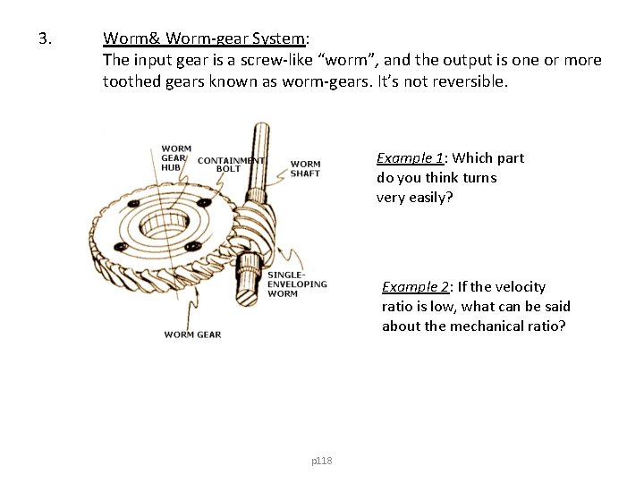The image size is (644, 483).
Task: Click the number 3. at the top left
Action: click(x=47, y=39)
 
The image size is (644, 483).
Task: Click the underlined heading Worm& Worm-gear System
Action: click(x=204, y=39)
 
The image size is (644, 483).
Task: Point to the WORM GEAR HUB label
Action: click(x=176, y=157)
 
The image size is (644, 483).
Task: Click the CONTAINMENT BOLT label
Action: click(x=231, y=165)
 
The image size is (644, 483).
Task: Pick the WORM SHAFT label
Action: click(x=305, y=168)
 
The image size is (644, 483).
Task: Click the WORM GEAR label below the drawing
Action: click(x=192, y=335)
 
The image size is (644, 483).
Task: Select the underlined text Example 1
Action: click(x=410, y=158)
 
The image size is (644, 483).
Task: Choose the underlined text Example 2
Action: click(x=415, y=287)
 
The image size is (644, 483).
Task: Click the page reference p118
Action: click(x=321, y=461)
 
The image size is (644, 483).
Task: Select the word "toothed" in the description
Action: click(x=131, y=82)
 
